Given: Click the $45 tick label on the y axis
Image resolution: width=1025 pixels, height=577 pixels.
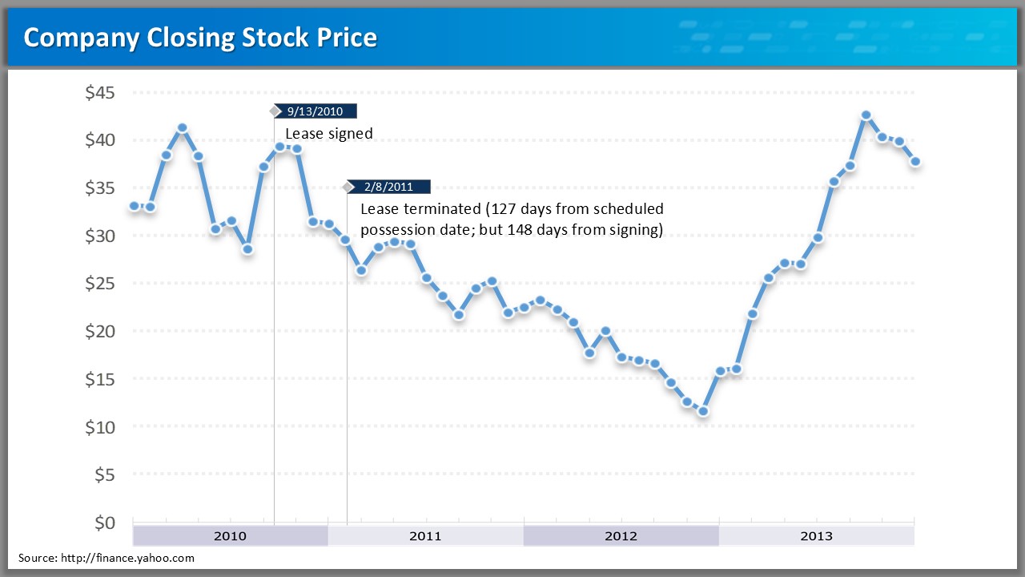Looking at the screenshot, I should [100, 93].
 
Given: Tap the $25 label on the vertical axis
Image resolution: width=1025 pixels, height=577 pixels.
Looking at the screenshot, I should [100, 284].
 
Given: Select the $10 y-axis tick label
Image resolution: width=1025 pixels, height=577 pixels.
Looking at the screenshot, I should [100, 427].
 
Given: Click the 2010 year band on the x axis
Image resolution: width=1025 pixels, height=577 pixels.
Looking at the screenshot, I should [230, 536].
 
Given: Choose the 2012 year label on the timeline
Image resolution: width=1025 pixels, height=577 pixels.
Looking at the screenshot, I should [621, 536].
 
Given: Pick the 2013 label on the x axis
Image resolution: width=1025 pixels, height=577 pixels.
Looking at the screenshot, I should [816, 536].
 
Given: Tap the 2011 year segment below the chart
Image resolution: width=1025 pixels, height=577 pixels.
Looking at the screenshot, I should [425, 536].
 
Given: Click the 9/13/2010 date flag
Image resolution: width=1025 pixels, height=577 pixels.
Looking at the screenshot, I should [315, 111].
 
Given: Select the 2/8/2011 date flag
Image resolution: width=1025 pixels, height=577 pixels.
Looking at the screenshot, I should [388, 188].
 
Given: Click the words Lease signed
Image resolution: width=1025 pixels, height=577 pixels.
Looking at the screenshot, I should [329, 134].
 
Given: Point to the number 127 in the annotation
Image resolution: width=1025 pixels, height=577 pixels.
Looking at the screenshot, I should [503, 209].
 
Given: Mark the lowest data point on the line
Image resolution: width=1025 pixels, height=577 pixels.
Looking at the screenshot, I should [703, 411].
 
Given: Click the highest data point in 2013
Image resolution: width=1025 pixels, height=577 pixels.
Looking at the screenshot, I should [866, 115].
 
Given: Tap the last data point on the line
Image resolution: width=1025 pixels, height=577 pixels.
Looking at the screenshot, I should [915, 162].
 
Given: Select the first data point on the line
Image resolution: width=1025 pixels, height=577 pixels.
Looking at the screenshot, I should [134, 206].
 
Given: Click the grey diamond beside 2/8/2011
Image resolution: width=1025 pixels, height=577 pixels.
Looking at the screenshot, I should [348, 188].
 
